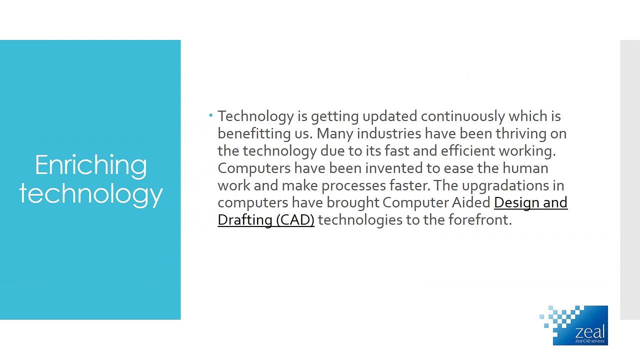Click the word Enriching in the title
(x=90, y=165)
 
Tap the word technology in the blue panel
(x=90, y=193)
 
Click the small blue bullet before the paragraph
(x=211, y=115)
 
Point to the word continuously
(x=462, y=116)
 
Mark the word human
(x=525, y=168)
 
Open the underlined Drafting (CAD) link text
(x=265, y=220)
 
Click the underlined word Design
(x=515, y=202)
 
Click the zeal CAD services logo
(x=575, y=325)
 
